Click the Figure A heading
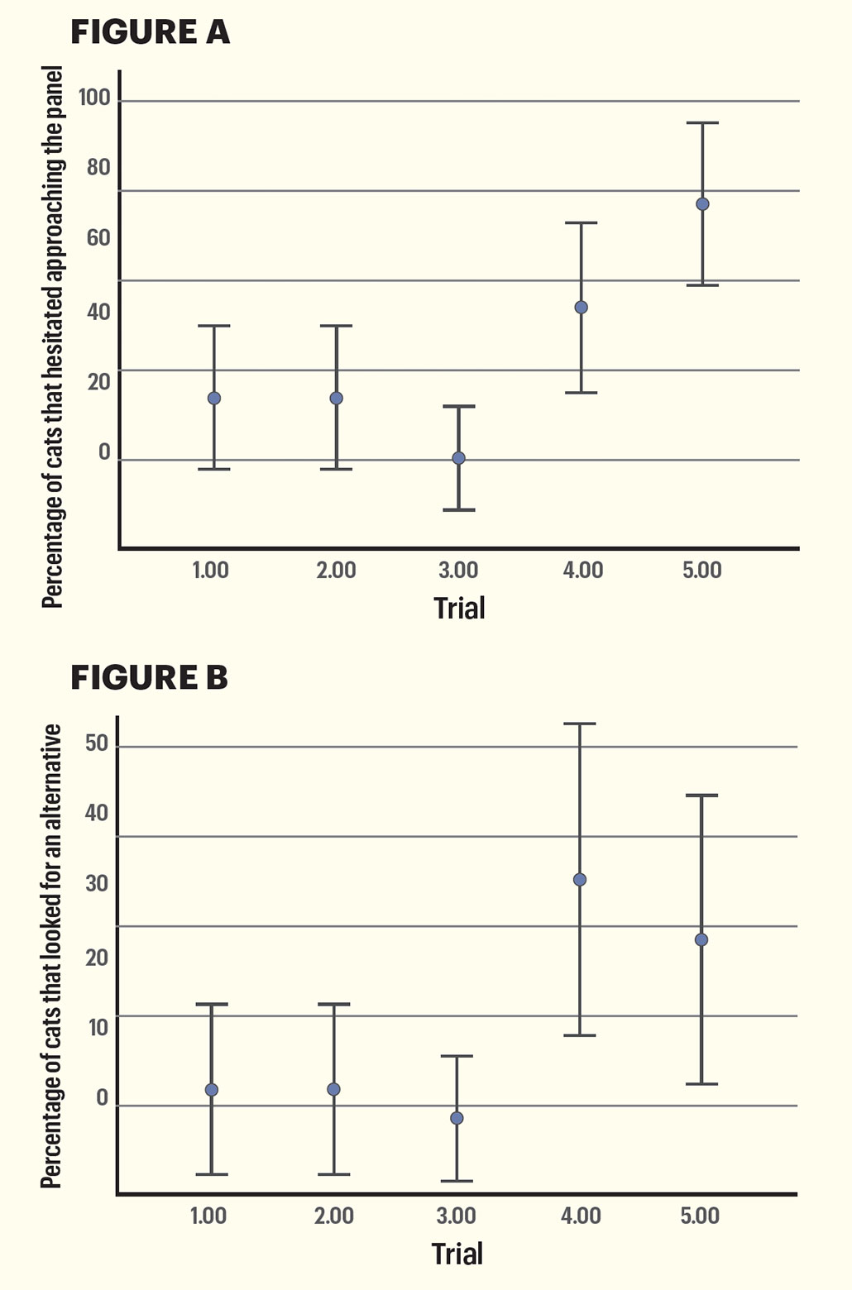point(150,32)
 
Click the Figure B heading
point(149,677)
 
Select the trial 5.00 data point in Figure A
point(702,204)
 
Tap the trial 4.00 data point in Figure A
point(581,308)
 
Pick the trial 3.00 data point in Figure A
point(458,458)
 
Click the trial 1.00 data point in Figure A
point(213,399)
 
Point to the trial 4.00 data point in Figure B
point(580,880)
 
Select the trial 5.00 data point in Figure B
point(701,940)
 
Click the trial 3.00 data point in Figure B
point(457,1119)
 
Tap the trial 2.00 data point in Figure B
point(333,1090)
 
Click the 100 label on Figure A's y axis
point(94,98)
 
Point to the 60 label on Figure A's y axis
point(98,239)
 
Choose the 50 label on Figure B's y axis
point(97,743)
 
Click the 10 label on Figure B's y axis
point(97,1028)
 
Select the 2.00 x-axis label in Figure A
point(336,571)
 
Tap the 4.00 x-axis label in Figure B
point(581,1216)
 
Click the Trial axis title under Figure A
point(459,609)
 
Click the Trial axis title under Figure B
point(457,1254)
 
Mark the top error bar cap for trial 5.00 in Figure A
point(702,123)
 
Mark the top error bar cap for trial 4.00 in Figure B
point(580,724)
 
